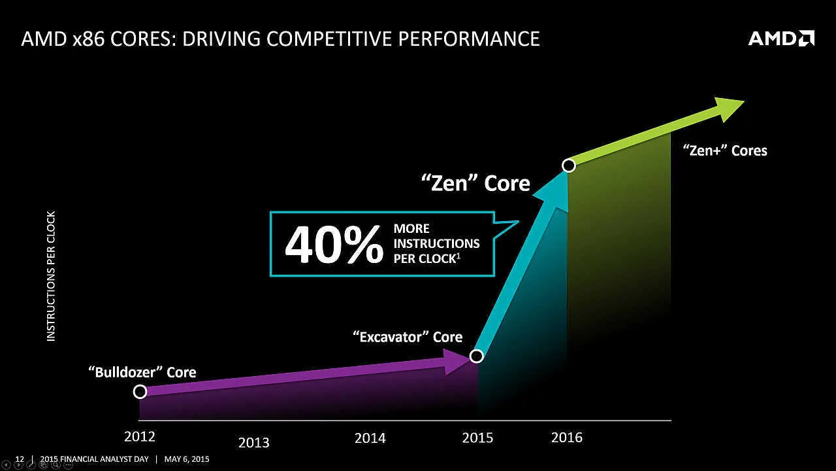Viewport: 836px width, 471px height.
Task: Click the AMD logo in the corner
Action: pyautogui.click(x=781, y=39)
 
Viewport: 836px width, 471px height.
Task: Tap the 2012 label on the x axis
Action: pyautogui.click(x=140, y=436)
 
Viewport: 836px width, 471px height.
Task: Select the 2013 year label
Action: pyautogui.click(x=253, y=443)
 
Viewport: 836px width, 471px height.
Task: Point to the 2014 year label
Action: pyautogui.click(x=370, y=438)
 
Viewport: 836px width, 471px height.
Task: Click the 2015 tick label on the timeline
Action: pyautogui.click(x=477, y=438)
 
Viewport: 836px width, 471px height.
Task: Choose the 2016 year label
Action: pyautogui.click(x=566, y=437)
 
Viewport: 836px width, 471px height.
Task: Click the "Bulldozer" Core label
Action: pyautogui.click(x=142, y=372)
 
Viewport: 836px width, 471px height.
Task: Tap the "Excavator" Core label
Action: pyautogui.click(x=407, y=337)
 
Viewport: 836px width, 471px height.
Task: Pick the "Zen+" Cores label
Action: pyautogui.click(x=725, y=150)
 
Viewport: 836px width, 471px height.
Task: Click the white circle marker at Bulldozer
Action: pyautogui.click(x=140, y=392)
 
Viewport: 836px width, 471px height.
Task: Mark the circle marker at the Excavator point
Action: pyautogui.click(x=477, y=356)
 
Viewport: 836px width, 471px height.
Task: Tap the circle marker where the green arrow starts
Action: pyautogui.click(x=569, y=166)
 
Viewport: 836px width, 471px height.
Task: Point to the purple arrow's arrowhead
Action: pyautogui.click(x=457, y=362)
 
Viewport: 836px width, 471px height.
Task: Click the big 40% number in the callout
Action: pyautogui.click(x=334, y=245)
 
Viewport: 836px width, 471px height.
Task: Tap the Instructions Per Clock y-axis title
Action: pyautogui.click(x=51, y=275)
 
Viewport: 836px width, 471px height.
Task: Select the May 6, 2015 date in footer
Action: pyautogui.click(x=187, y=459)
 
